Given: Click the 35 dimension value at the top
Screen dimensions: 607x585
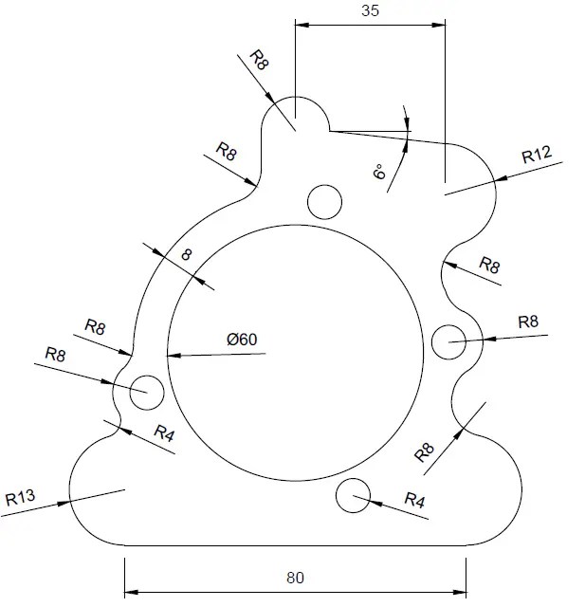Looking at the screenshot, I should click(x=371, y=11).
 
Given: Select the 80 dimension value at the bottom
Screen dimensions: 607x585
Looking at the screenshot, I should click(x=296, y=576).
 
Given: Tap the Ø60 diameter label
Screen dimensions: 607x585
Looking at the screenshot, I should click(x=243, y=339).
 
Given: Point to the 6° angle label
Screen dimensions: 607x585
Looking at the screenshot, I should click(x=379, y=173).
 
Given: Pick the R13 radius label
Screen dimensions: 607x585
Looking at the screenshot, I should click(x=20, y=497).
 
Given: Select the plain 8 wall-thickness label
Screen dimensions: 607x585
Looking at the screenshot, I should click(x=187, y=254).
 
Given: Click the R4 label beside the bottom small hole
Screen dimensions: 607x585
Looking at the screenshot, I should click(x=415, y=499).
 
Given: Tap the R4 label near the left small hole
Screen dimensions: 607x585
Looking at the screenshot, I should click(x=165, y=435).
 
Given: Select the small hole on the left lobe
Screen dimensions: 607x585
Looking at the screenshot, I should click(x=147, y=390).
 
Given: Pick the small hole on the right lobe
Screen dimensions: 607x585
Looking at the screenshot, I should click(x=449, y=341).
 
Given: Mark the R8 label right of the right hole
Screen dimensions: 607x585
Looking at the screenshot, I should click(x=528, y=322).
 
